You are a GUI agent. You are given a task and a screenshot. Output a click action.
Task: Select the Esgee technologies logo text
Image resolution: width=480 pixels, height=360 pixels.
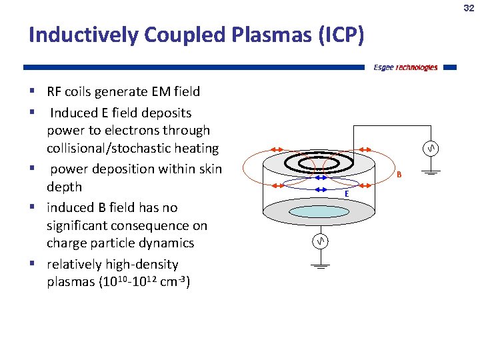405,67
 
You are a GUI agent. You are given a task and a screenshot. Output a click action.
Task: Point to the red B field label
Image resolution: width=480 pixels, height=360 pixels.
399,175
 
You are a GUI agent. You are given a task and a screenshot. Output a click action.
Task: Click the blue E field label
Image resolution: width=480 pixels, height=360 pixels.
347,193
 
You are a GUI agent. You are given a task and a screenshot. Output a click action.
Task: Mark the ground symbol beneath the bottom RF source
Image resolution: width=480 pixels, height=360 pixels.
321,265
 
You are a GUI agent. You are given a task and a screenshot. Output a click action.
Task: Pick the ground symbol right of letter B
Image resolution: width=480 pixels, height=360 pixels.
431,173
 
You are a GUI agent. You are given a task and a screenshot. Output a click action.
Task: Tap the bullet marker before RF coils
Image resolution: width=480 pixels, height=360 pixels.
32,91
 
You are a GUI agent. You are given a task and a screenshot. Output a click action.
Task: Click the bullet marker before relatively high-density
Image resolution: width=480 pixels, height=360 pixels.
32,264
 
